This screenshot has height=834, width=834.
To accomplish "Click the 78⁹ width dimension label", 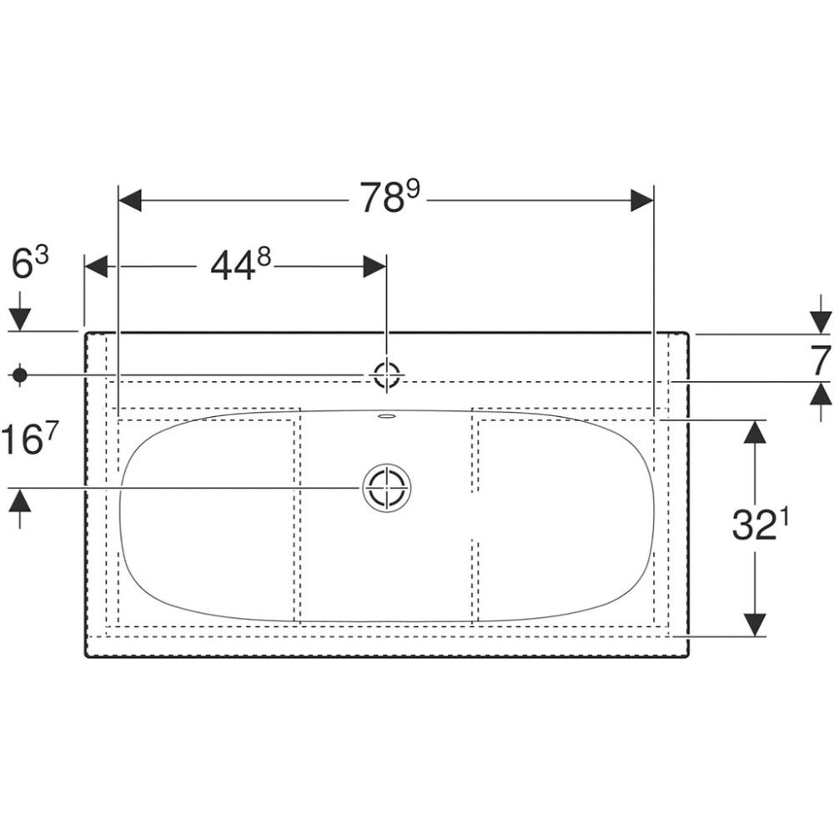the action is (389, 197).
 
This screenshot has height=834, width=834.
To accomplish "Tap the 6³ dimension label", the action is (30, 264).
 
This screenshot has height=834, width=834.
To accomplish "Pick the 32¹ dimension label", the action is (760, 525).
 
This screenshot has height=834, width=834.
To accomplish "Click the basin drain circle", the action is (387, 488).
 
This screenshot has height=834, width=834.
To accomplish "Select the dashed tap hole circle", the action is (387, 375).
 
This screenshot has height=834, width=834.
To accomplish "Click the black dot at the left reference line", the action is (20, 375).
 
